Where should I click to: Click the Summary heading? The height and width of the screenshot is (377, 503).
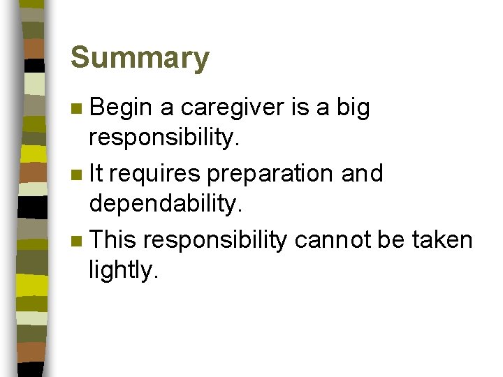[x=140, y=58]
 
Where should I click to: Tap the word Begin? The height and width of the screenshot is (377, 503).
[x=121, y=108]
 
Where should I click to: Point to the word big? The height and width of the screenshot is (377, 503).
[x=353, y=108]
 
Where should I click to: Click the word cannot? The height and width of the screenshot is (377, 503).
[x=333, y=240]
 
